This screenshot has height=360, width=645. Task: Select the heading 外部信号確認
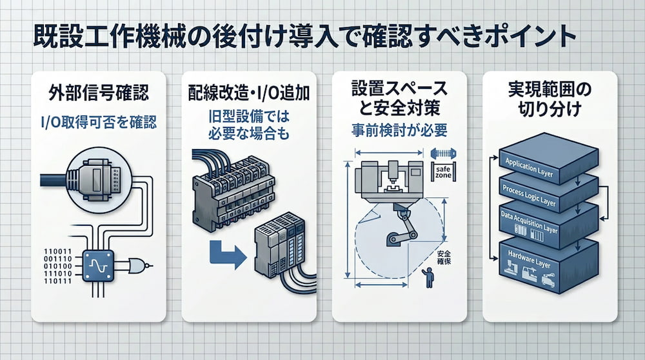[x=98, y=93]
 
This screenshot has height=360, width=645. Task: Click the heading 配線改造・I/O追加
[x=249, y=93]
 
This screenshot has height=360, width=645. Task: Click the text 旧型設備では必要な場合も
[x=249, y=126]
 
